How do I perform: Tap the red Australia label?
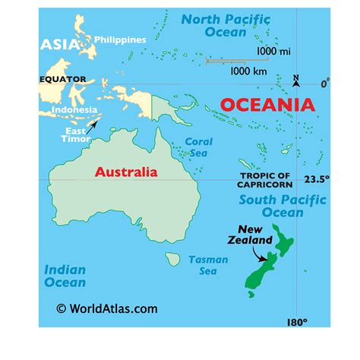coord(126,172)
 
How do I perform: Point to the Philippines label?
coord(120,39)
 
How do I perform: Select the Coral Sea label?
coord(200,147)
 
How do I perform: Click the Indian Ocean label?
coord(65,276)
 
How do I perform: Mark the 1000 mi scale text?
coord(272,51)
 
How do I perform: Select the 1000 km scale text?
coord(248,70)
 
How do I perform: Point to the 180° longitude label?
coord(297,322)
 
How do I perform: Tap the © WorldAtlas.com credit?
coord(107,308)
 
